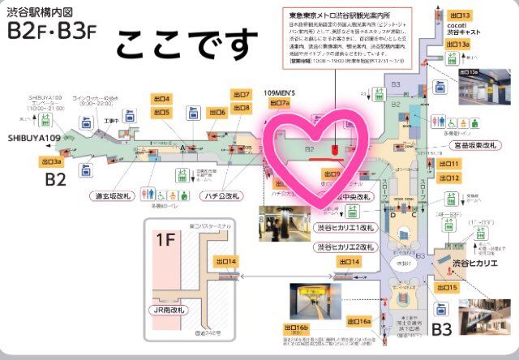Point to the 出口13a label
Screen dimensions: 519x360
click(457, 45)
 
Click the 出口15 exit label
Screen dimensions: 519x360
click(449, 288)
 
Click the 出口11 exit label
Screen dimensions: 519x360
click(449, 164)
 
